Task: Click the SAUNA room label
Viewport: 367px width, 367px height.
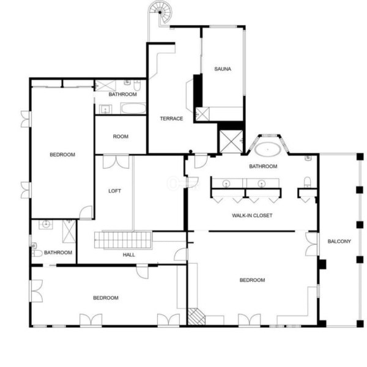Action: click(223, 69)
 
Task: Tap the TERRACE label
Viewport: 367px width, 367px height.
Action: click(171, 119)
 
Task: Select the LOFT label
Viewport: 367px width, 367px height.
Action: click(115, 191)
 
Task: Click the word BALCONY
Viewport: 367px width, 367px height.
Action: click(339, 242)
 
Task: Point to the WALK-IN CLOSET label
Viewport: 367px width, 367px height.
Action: click(252, 215)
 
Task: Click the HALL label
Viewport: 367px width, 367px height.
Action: click(128, 254)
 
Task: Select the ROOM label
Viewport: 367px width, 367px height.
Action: click(120, 136)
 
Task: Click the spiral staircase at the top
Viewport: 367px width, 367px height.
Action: click(160, 12)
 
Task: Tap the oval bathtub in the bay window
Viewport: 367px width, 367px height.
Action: click(268, 149)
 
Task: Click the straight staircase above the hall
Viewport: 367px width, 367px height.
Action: click(123, 240)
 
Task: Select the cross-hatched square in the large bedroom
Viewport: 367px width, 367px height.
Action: click(196, 316)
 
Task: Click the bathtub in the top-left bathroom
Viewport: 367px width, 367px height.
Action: click(133, 108)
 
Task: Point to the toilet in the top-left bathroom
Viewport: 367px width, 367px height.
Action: click(136, 86)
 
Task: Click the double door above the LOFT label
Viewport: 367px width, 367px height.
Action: click(116, 161)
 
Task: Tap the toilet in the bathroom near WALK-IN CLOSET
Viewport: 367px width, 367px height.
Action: click(307, 182)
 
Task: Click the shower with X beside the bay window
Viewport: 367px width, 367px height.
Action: click(231, 142)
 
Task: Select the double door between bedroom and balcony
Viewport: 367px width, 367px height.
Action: click(312, 244)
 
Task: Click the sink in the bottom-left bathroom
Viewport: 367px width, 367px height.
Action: click(46, 224)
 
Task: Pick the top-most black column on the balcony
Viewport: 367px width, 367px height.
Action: click(360, 157)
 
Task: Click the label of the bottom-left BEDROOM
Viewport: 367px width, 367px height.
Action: click(106, 298)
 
